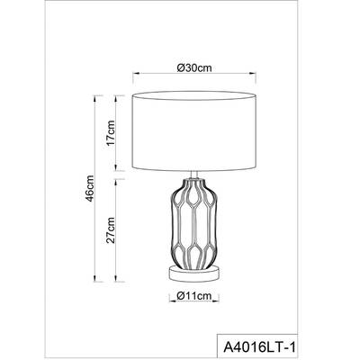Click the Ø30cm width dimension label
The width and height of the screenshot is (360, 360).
coord(193,68)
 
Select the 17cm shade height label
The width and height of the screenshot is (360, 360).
coord(110,135)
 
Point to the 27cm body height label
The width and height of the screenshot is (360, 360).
coord(110,230)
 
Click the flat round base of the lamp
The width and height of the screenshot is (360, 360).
coord(193,272)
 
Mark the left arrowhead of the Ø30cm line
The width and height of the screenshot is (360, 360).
coord(136,78)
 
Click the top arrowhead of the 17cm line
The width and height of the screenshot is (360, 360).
coord(118,94)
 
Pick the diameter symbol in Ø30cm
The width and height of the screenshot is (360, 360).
coord(180,68)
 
